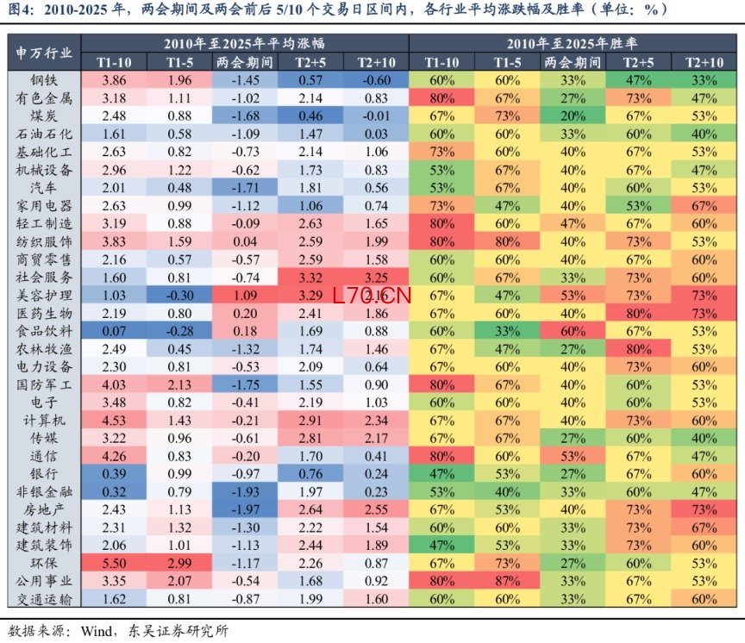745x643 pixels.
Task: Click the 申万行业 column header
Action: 44,53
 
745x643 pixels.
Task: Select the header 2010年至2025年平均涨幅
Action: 245,44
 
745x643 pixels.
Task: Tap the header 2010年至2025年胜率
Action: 573,44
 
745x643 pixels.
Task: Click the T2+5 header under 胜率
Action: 638,62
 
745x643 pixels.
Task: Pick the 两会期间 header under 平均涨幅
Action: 245,62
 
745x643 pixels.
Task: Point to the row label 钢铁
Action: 44,80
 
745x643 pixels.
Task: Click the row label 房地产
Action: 44,509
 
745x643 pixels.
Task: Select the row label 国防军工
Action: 44,384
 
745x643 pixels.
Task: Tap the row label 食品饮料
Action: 44,331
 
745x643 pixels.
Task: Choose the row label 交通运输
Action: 44,599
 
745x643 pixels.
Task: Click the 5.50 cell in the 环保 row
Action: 114,563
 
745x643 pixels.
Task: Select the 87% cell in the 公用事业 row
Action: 507,581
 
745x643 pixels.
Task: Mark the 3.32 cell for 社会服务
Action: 310,278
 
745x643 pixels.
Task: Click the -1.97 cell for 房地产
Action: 245,509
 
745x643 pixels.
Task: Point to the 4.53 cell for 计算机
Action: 114,421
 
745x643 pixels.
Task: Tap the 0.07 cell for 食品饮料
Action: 114,331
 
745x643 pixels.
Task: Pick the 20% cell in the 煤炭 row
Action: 573,115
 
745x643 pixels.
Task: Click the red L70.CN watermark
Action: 372,296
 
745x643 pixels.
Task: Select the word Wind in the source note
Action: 96,631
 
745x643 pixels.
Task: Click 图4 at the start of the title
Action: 21,9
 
